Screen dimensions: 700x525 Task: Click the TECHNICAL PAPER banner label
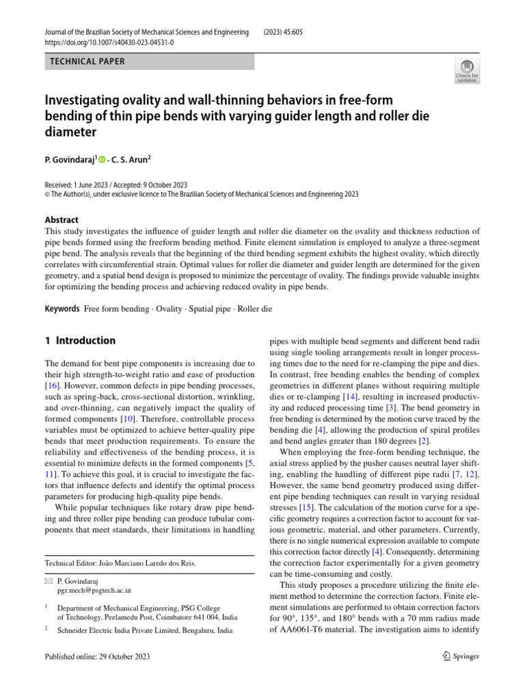click(88, 62)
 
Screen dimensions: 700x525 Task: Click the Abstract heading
click(62, 220)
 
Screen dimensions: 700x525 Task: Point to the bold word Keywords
click(62, 309)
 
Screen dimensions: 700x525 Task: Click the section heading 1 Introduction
click(80, 340)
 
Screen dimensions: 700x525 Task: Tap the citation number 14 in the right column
click(350, 396)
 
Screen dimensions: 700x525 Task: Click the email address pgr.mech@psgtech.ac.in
click(94, 589)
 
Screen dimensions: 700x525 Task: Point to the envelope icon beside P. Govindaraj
click(48, 580)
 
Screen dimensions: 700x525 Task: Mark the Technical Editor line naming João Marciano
click(120, 563)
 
